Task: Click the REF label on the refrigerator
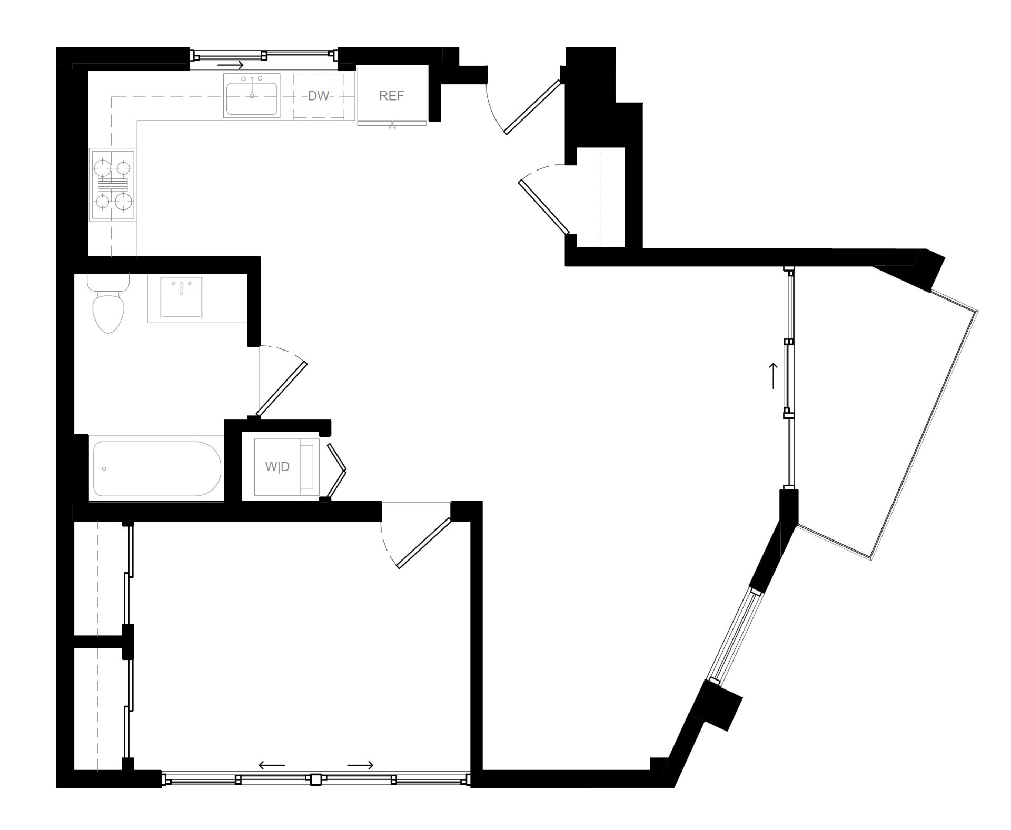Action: (x=391, y=96)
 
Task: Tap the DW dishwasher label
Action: (x=318, y=96)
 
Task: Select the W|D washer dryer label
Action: (x=277, y=467)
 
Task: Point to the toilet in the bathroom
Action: (x=108, y=311)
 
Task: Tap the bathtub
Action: (x=156, y=468)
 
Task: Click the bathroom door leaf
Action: (x=281, y=388)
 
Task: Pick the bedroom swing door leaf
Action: (x=424, y=543)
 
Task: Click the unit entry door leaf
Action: (x=532, y=106)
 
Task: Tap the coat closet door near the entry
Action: (x=544, y=207)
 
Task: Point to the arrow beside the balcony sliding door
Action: (x=774, y=376)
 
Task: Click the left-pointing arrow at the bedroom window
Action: (x=272, y=765)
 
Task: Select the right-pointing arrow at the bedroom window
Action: (x=360, y=765)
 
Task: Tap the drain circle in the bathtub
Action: (x=104, y=468)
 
